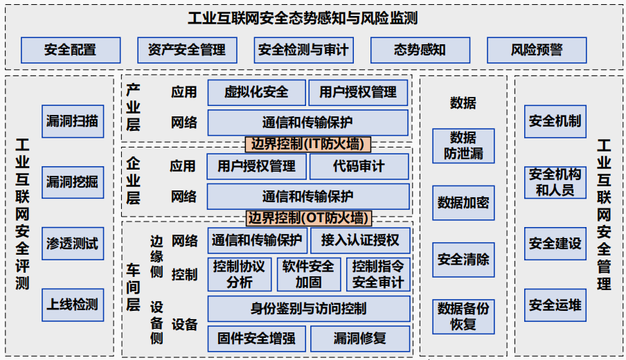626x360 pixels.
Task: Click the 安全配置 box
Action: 71,51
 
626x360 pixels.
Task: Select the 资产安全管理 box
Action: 187,51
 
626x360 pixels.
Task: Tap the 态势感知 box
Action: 420,51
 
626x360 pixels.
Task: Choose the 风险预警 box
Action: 537,51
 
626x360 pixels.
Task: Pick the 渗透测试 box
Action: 72,244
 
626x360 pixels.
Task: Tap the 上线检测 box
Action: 72,305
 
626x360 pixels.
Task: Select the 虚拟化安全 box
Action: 256,92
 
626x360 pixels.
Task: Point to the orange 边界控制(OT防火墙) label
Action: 309,218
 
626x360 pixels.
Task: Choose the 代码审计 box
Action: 359,166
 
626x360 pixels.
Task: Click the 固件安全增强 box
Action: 256,339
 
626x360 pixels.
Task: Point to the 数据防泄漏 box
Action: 463,145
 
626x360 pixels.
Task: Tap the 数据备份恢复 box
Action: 463,316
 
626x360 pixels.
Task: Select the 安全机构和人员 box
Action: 555,182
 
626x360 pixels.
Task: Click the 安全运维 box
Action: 555,305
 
